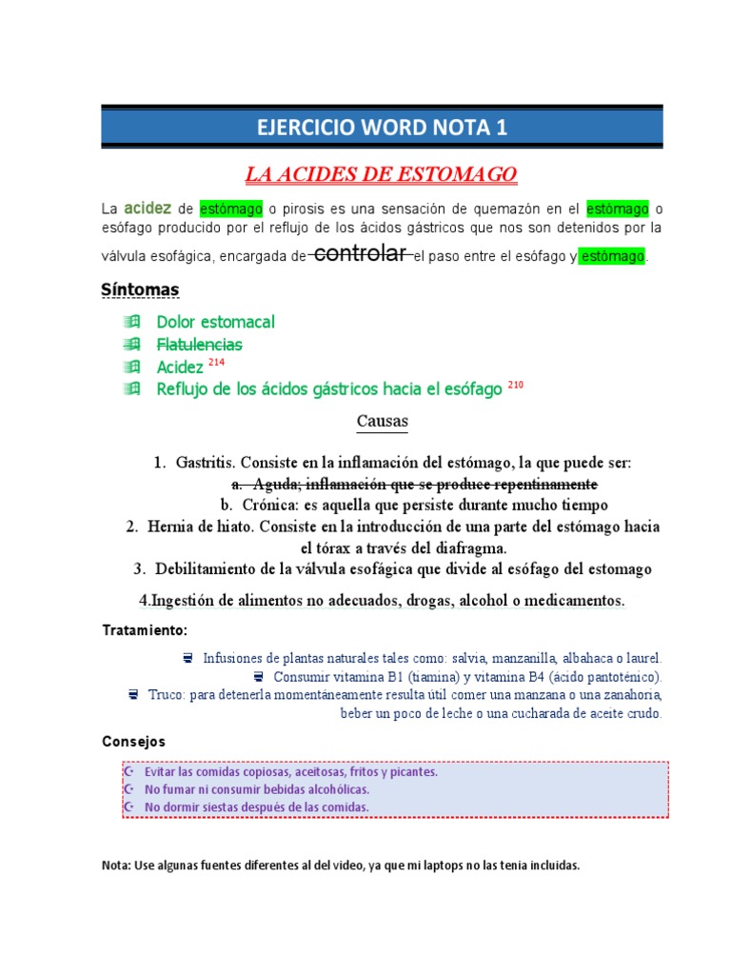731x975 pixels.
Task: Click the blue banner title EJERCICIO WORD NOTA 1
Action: (382, 129)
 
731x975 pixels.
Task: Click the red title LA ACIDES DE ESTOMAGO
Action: (381, 174)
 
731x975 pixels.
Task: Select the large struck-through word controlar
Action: (361, 253)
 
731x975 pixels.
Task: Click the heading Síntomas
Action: (140, 289)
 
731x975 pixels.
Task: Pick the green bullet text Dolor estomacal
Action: (215, 322)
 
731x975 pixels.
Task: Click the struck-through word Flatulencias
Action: (199, 344)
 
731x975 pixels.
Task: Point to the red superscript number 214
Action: (216, 363)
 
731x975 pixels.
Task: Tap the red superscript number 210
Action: (515, 385)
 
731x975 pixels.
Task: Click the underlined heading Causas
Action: (382, 420)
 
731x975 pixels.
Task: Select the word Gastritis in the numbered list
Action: (205, 463)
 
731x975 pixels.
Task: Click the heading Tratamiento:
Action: (145, 630)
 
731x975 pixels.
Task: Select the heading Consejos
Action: (133, 741)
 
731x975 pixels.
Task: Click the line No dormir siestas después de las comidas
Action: (256, 807)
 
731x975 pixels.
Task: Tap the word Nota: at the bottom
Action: (117, 866)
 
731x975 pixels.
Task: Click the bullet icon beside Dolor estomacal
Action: (131, 322)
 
